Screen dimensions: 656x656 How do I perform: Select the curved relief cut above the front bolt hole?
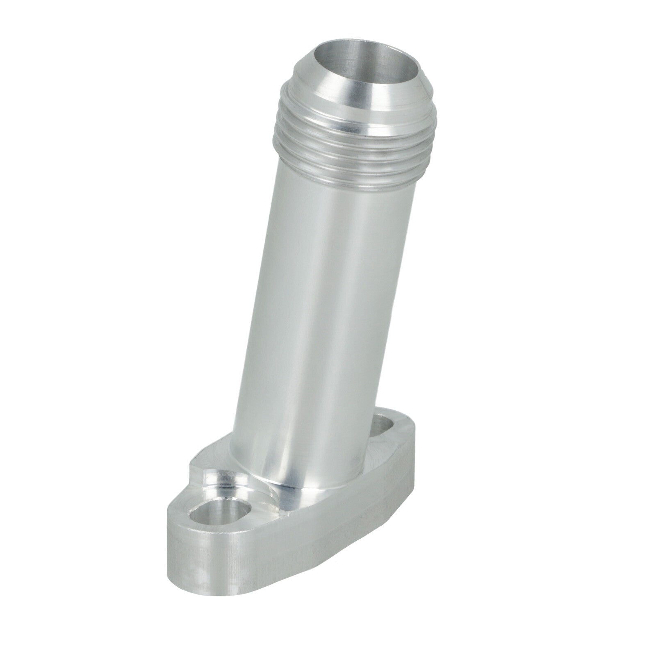point(230,482)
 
